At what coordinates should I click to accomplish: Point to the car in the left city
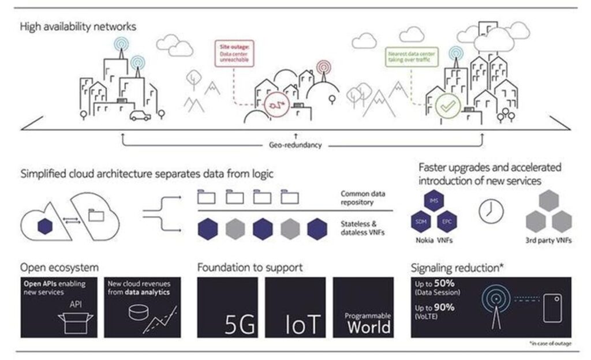pyautogui.click(x=140, y=115)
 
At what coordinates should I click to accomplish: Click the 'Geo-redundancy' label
pyautogui.click(x=295, y=145)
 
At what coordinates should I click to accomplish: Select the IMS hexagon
pyautogui.click(x=433, y=201)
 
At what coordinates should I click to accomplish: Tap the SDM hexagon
pyautogui.click(x=420, y=220)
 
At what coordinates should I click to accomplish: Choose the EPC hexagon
pyautogui.click(x=446, y=220)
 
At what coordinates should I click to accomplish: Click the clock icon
pyautogui.click(x=491, y=211)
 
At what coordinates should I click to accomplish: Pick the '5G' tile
pyautogui.click(x=228, y=307)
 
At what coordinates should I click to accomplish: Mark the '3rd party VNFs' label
pyautogui.click(x=548, y=240)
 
